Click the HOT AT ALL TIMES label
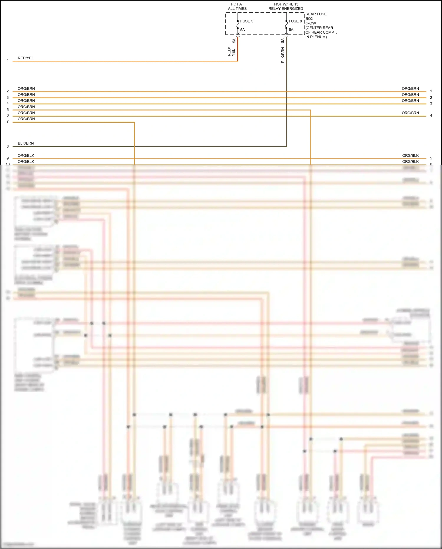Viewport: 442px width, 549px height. point(237,6)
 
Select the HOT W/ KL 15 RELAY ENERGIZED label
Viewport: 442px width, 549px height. point(286,6)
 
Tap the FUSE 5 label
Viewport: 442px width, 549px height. point(247,21)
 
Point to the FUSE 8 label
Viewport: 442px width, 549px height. point(295,21)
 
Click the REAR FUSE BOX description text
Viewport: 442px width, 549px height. point(321,25)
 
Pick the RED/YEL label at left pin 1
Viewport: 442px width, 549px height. point(26,58)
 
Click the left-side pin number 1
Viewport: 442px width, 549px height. point(8,61)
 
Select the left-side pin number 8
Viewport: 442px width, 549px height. point(8,146)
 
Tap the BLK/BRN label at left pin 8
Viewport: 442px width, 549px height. point(26,143)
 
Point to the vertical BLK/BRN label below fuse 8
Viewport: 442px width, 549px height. point(283,55)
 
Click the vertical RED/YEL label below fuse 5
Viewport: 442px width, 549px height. point(231,52)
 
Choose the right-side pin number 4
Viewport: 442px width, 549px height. point(431,116)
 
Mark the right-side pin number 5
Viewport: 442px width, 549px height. point(431,158)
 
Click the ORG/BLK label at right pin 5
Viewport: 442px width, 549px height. point(410,155)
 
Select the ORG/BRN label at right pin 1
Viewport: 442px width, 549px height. point(410,89)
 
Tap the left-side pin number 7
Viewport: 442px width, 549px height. point(8,122)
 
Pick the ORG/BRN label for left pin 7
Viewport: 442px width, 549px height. point(26,119)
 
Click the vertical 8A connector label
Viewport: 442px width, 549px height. point(283,40)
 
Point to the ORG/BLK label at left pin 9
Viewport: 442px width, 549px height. point(26,155)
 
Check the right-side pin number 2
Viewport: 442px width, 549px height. point(431,98)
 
